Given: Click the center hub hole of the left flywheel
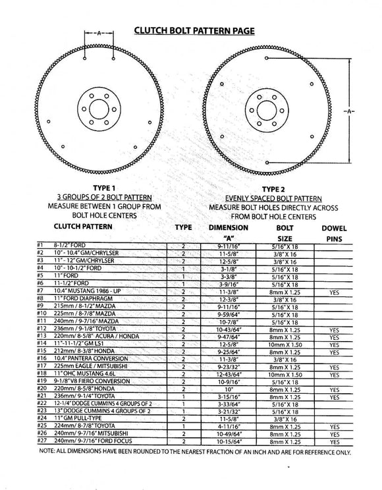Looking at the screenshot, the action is tap(99, 111).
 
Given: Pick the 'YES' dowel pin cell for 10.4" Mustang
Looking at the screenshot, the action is tap(333, 290).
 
